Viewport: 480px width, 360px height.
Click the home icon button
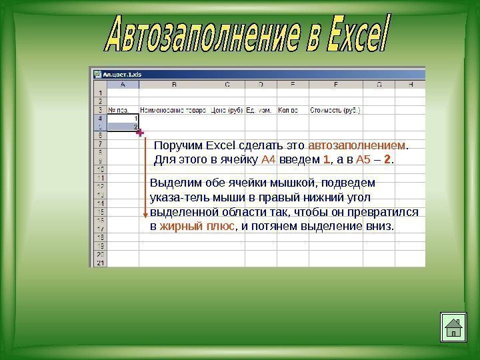[453, 327]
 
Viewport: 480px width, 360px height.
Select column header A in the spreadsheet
[123, 85]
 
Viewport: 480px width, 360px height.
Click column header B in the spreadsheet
[174, 85]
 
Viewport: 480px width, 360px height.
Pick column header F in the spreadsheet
[335, 85]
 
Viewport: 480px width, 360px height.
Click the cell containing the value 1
[123, 118]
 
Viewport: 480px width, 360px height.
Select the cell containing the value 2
[123, 126]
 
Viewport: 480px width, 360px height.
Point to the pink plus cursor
[140, 134]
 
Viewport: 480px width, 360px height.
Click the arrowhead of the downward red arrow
[145, 214]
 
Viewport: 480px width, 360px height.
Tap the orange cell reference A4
[269, 159]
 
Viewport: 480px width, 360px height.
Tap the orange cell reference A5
[365, 159]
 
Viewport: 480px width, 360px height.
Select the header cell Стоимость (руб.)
[335, 110]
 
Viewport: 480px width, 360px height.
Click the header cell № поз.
[119, 110]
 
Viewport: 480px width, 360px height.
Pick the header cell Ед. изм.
[259, 110]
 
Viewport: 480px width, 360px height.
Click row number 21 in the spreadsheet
[100, 263]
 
